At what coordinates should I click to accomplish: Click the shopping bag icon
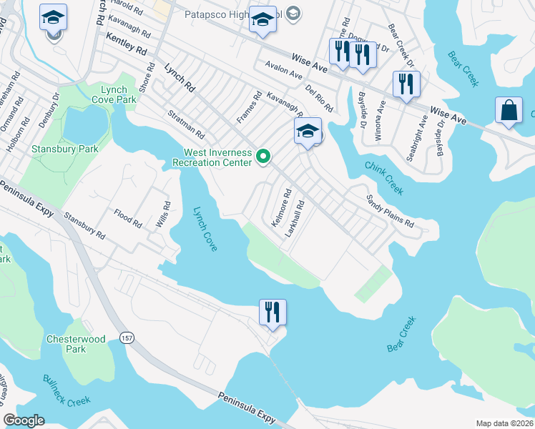click(509, 112)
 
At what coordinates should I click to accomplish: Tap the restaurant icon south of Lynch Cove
click(273, 312)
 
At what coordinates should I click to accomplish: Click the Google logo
click(24, 420)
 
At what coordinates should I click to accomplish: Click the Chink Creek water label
click(384, 178)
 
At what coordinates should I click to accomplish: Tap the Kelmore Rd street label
click(282, 208)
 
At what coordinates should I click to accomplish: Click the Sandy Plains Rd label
click(390, 211)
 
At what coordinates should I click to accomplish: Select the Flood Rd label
click(128, 218)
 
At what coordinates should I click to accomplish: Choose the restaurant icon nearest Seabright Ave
click(406, 84)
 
